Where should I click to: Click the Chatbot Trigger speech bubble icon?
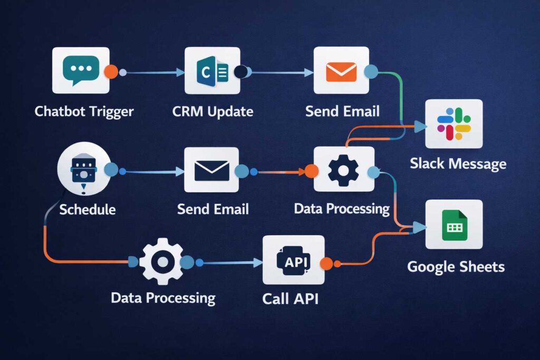81,70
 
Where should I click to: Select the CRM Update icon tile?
212,71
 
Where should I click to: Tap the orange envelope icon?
341,71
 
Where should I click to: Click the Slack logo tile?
454,123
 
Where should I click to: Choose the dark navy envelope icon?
211,170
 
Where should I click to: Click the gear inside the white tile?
343,170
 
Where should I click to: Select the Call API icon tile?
293,260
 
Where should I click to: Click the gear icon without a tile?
162,261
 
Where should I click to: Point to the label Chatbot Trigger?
84,112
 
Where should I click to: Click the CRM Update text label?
213,112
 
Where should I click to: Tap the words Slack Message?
458,163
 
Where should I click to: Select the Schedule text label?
87,209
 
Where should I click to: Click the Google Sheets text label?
456,267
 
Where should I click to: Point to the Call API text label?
290,299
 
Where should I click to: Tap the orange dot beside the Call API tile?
326,264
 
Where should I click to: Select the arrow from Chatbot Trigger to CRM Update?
153,73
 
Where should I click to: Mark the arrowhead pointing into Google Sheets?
420,227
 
